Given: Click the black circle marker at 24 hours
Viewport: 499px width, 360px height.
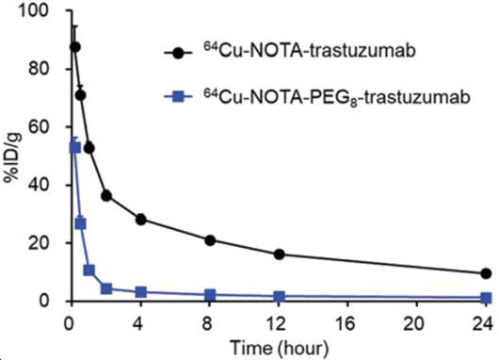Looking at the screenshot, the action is [486, 273].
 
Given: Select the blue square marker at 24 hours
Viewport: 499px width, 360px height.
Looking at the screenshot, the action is [486, 298].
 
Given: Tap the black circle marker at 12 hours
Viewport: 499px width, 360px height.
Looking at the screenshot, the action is [279, 254].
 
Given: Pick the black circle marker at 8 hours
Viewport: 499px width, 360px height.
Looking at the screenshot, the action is [210, 240].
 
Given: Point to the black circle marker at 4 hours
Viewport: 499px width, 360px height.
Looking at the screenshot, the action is [141, 220].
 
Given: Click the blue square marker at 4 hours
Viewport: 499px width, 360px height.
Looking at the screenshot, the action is [141, 292].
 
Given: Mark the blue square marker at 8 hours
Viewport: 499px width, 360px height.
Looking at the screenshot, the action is [210, 295].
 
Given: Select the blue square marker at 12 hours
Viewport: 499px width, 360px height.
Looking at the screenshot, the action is [279, 297].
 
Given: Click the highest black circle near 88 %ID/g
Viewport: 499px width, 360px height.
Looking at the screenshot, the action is [74, 47].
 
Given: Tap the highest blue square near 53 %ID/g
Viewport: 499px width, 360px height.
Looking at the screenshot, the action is [75, 148].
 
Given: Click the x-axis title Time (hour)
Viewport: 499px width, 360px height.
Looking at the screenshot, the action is [279, 347].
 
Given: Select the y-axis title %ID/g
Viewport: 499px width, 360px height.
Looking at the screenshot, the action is [13, 158].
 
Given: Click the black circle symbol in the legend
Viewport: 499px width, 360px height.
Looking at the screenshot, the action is [178, 52].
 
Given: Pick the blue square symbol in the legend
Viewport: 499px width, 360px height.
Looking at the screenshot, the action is [178, 97].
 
